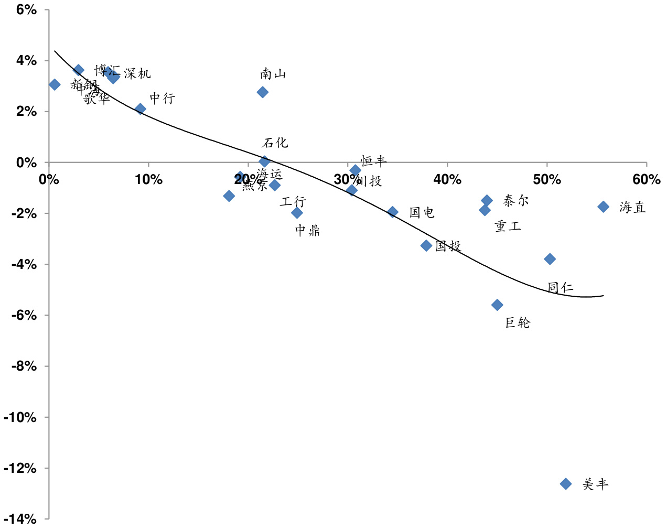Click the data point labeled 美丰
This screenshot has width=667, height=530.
point(565,483)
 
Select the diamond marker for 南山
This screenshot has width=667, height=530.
point(263,92)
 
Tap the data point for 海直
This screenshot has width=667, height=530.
point(603,207)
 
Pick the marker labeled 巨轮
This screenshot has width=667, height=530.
point(497,305)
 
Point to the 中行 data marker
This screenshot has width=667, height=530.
point(140,109)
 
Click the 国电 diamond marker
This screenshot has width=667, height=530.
point(393,212)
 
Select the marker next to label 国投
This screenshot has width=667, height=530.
point(426,245)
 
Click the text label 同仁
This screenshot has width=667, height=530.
point(560,287)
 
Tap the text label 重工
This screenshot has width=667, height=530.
point(508,226)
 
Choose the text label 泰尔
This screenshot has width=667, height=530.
point(516,200)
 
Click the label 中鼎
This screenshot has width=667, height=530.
point(307,230)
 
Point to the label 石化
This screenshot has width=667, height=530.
point(275,143)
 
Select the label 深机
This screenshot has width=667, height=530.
point(137,73)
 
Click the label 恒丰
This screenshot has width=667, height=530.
point(373,160)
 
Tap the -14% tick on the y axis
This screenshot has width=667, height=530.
point(20,519)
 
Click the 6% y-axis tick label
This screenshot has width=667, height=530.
point(27,9)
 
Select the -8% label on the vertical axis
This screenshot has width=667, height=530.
point(24,366)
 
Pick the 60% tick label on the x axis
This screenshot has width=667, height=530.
point(646,180)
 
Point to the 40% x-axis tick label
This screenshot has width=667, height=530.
point(447,180)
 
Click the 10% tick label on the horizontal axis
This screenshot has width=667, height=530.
point(148,180)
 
